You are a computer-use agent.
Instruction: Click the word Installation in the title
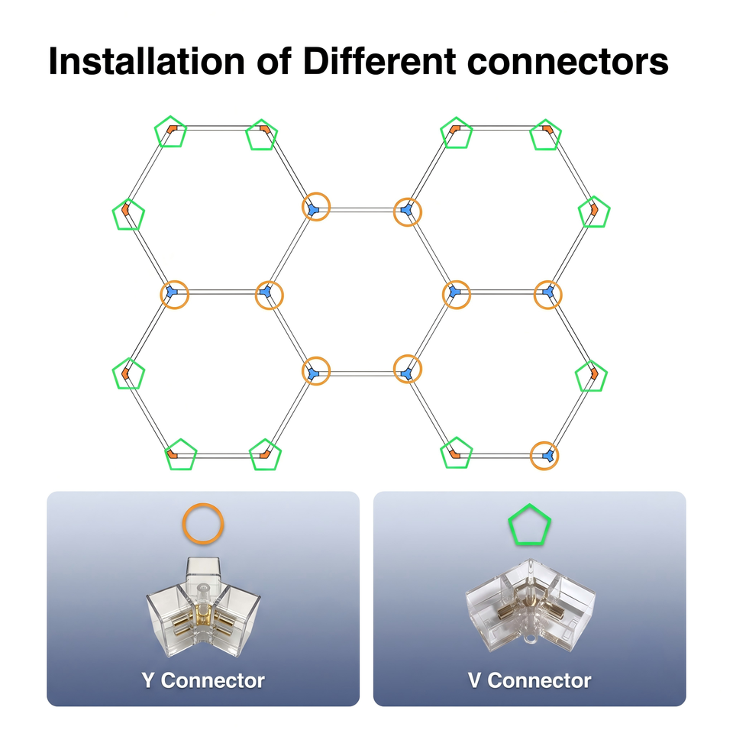[147, 61]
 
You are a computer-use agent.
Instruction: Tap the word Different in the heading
[379, 61]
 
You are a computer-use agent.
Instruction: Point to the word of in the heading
[274, 61]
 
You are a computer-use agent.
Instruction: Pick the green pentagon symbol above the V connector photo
[530, 505]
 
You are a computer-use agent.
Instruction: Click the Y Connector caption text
[203, 680]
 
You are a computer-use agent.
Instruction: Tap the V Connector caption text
[529, 680]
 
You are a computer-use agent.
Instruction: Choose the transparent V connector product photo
[530, 605]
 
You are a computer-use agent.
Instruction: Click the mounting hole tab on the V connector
[530, 638]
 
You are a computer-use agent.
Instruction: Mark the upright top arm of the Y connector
[203, 571]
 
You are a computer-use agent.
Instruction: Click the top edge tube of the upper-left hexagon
[218, 128]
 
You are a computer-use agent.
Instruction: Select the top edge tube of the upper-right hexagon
[501, 128]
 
